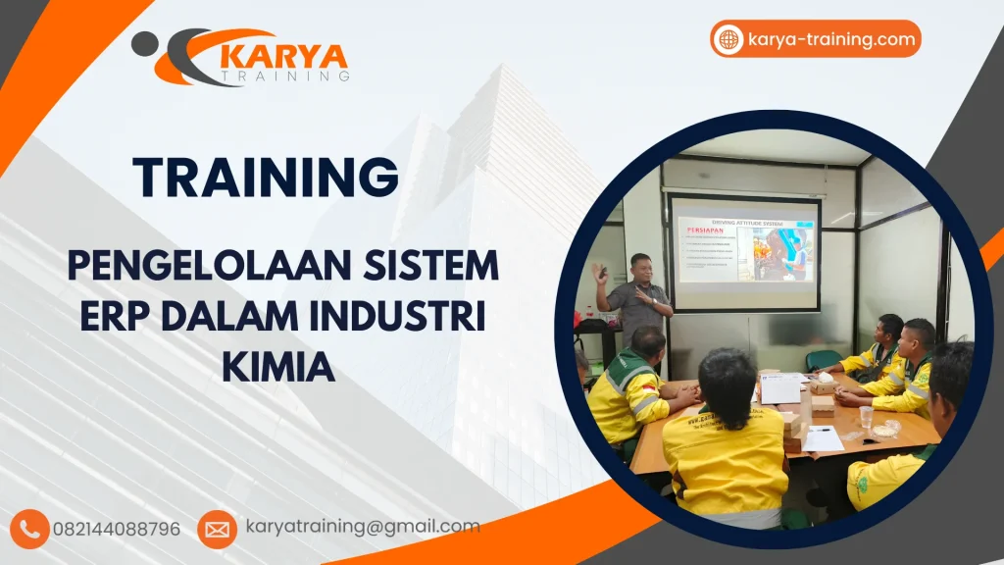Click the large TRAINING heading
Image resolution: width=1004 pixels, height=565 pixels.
(x=266, y=177)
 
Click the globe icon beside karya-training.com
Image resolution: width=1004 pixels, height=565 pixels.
(x=728, y=40)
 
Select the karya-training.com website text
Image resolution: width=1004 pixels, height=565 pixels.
(x=830, y=40)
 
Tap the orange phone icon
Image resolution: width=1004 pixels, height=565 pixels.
(x=31, y=529)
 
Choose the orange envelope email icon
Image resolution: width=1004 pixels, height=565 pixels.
(x=217, y=529)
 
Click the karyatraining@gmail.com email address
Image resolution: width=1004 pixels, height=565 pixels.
(x=362, y=527)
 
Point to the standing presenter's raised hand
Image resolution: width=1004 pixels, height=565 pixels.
(x=599, y=272)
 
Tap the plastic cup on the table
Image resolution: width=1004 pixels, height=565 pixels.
(x=866, y=416)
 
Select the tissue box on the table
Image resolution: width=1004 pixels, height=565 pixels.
(x=823, y=386)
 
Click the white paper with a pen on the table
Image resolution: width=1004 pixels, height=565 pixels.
(x=822, y=438)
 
